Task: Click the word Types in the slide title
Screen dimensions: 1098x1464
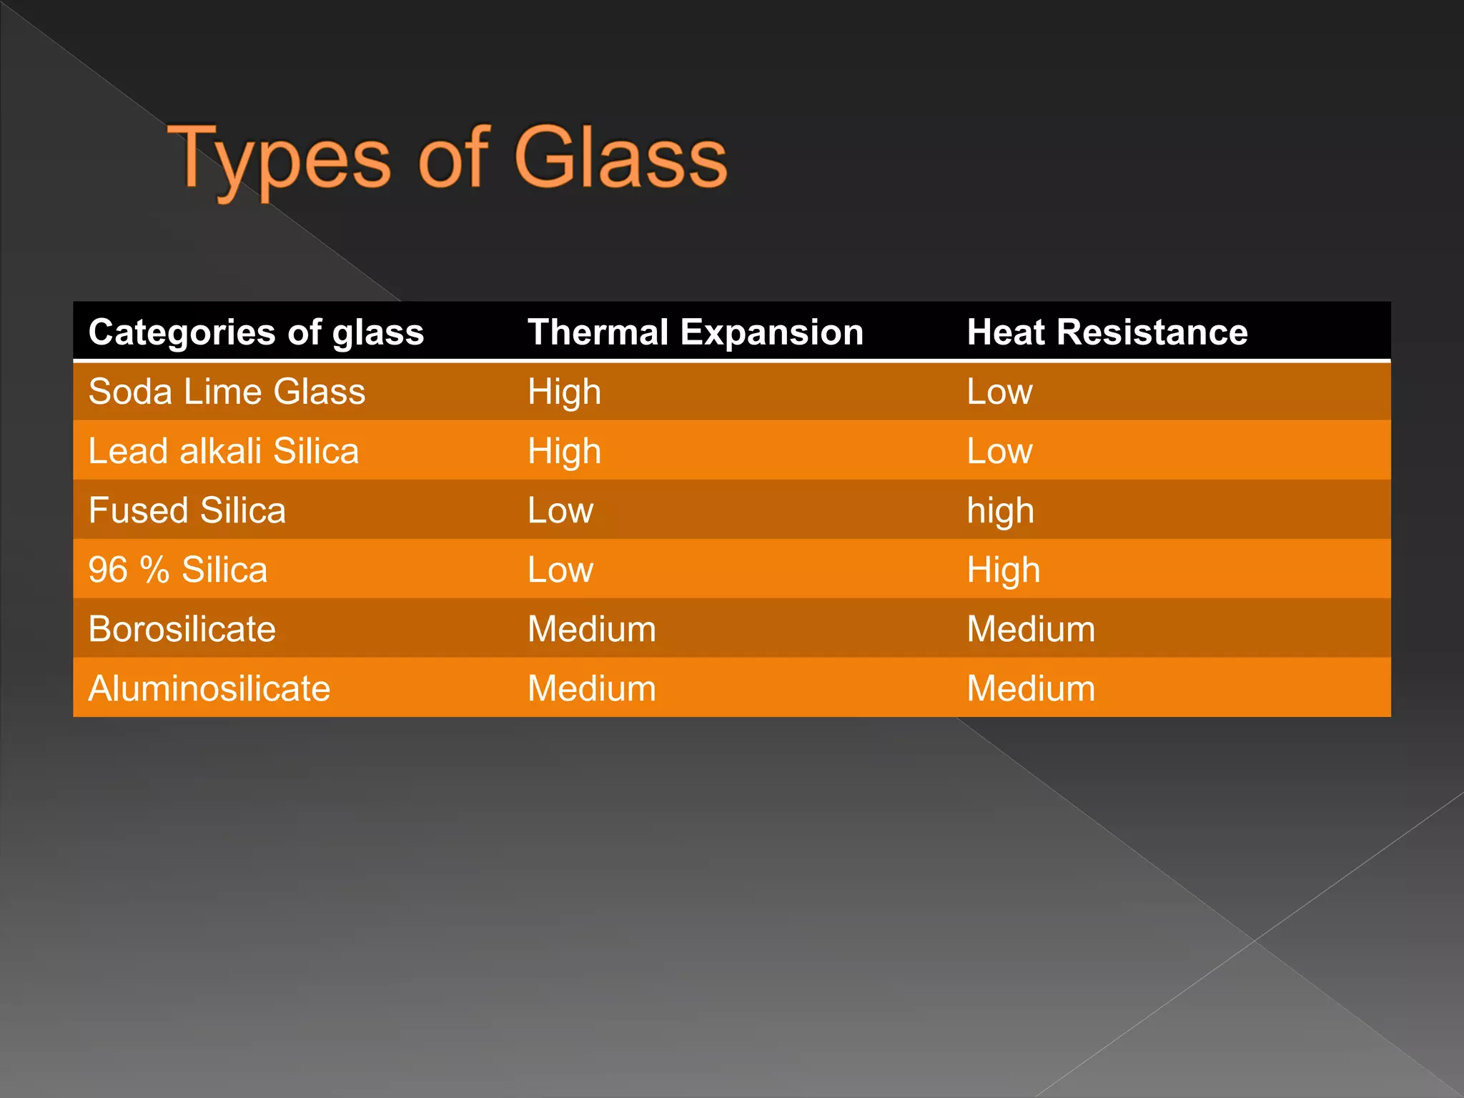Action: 280,159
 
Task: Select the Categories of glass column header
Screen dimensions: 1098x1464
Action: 256,332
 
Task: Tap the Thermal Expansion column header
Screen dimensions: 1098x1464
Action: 695,332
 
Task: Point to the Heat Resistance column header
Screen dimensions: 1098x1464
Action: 1107,332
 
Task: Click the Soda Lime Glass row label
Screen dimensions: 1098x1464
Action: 227,392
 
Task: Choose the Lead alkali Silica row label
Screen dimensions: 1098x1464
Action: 223,451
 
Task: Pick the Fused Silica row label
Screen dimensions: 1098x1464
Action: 187,510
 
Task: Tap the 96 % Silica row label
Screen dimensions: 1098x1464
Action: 177,570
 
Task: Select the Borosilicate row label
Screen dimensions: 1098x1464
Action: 182,629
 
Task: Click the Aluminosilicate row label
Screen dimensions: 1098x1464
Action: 209,688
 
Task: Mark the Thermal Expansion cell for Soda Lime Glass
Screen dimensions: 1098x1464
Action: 564,392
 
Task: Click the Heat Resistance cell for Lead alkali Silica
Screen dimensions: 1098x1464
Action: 999,451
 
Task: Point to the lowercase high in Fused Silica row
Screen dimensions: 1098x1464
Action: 1000,511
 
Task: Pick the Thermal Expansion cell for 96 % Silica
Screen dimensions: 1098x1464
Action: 560,570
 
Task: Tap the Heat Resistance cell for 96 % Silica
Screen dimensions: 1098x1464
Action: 1003,570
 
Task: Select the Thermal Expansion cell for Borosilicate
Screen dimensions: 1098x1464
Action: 591,629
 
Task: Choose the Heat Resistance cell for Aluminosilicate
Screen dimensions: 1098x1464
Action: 1031,688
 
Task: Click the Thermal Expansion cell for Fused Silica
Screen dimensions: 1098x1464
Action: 560,510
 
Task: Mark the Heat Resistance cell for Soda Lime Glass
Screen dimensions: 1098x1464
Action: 999,392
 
